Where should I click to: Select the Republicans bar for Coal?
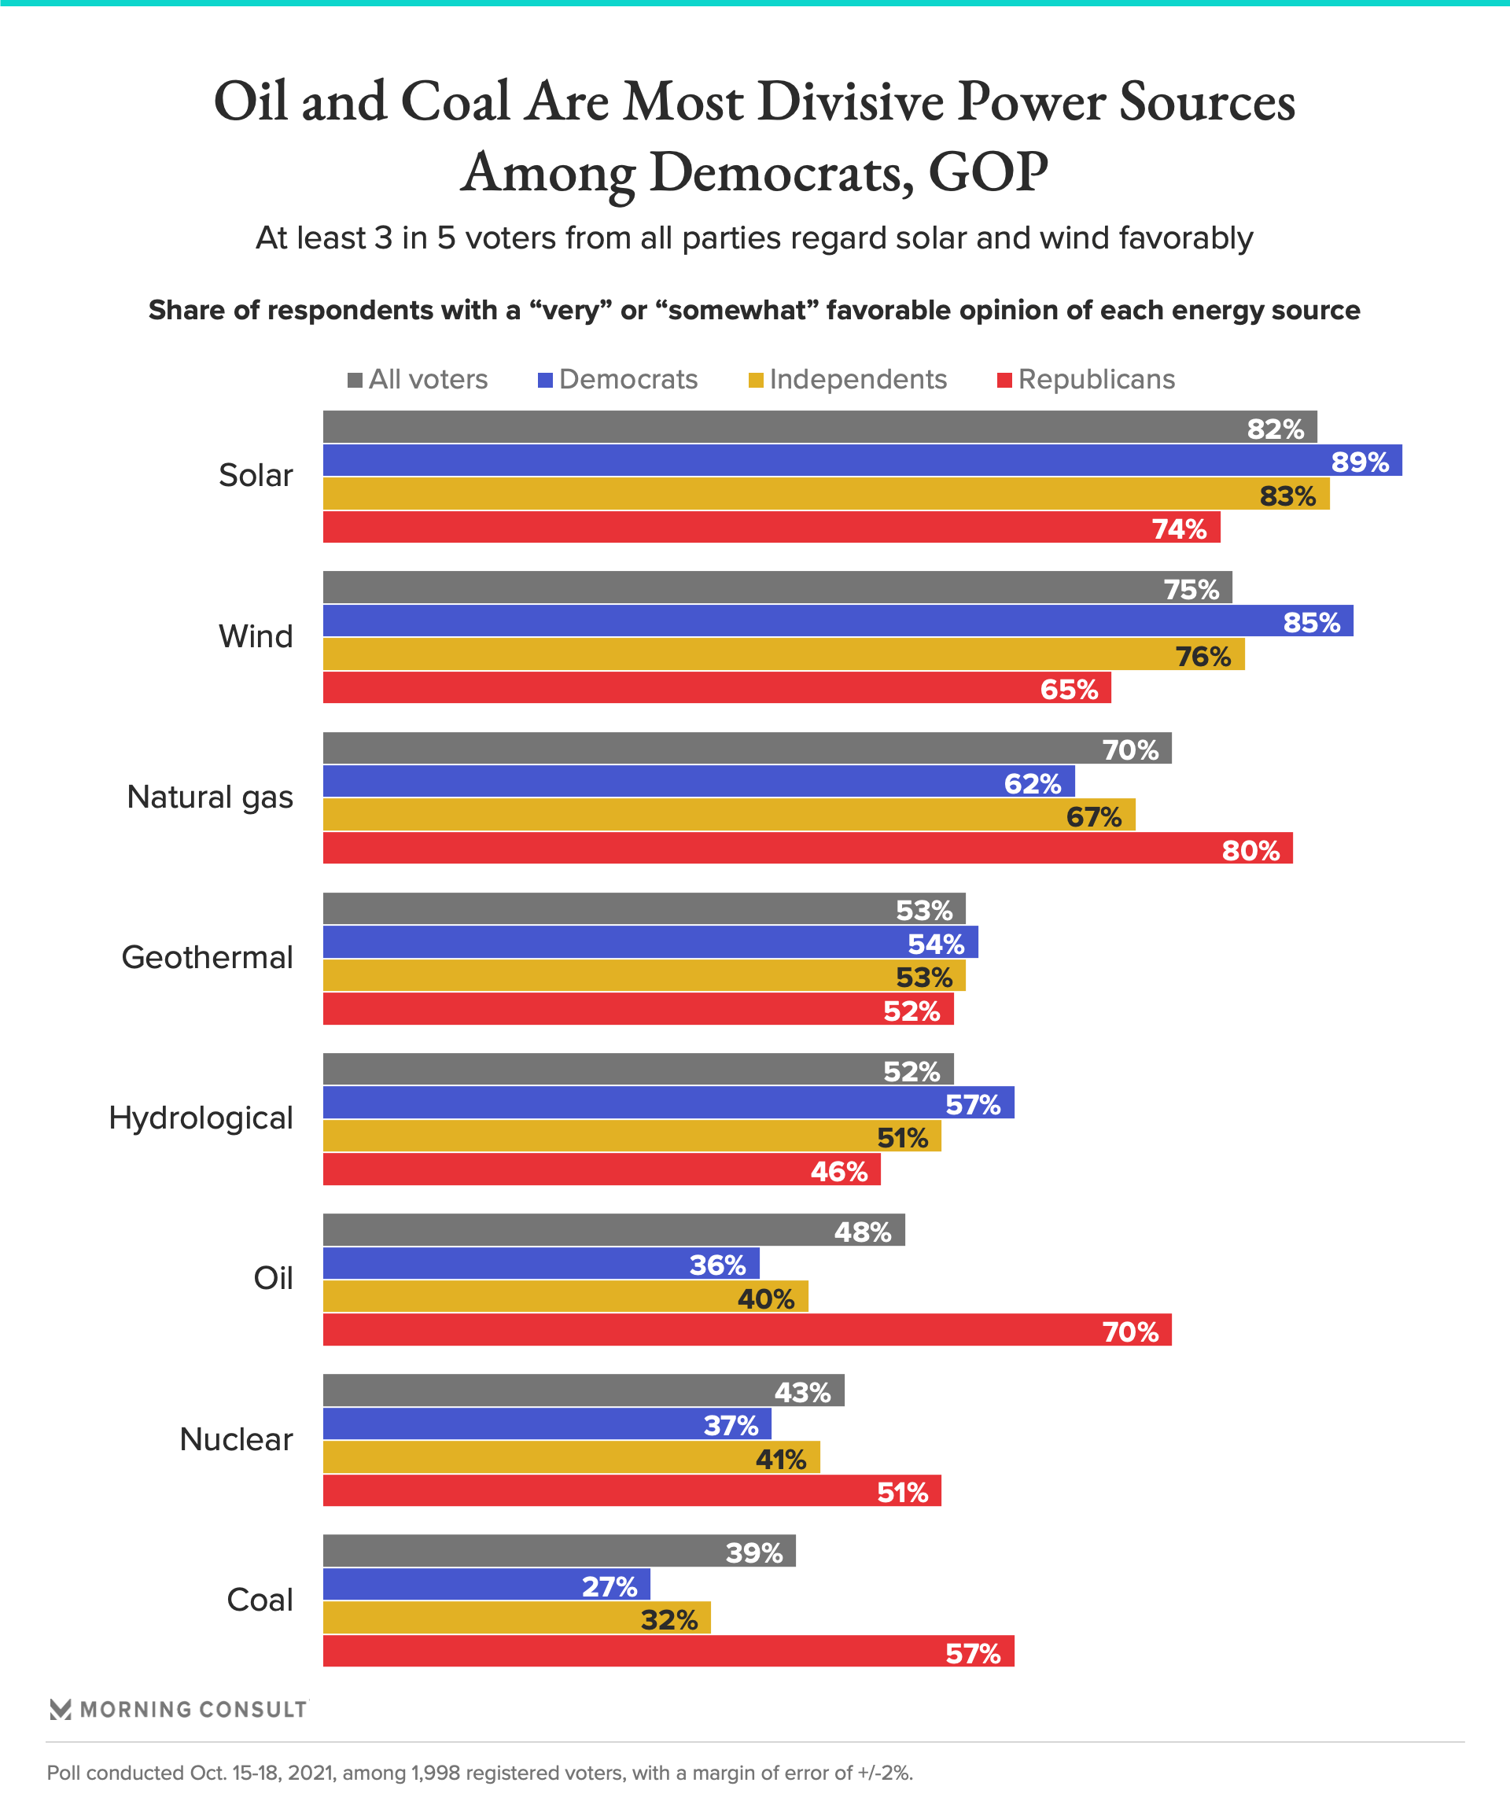tap(668, 1651)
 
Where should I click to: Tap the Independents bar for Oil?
tap(565, 1296)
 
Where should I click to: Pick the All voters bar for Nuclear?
tap(584, 1390)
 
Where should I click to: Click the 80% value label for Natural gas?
tap(1250, 851)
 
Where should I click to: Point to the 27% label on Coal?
tap(610, 1586)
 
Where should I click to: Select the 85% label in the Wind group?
tap(1311, 622)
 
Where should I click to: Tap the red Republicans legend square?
tap(1004, 381)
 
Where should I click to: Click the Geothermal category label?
tap(207, 957)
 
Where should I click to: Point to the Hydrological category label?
tap(201, 1118)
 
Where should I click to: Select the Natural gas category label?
tap(210, 797)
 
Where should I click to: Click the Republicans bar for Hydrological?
tap(602, 1169)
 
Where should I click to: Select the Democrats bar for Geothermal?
tap(650, 941)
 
